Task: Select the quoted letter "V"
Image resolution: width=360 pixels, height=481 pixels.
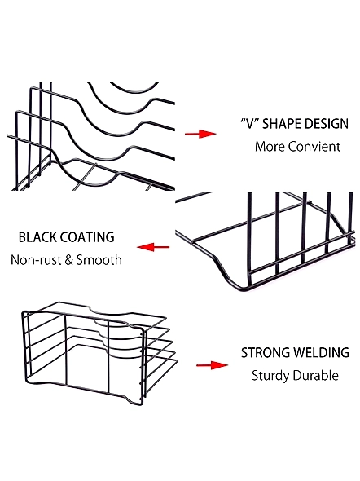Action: pyautogui.click(x=250, y=124)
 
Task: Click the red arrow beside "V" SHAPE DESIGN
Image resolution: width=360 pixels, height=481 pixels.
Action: pyautogui.click(x=200, y=134)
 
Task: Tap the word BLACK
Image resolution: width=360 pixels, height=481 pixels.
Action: pyautogui.click(x=37, y=237)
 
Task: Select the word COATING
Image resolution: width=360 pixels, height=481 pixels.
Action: pyautogui.click(x=87, y=237)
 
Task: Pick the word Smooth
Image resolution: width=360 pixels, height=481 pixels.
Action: pyautogui.click(x=99, y=260)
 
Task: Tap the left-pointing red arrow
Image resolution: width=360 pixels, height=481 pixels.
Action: pyautogui.click(x=153, y=247)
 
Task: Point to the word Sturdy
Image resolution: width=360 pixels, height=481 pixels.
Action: pyautogui.click(x=270, y=376)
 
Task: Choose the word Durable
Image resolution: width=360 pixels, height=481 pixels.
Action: pyautogui.click(x=315, y=376)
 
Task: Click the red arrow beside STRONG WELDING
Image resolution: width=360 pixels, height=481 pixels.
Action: pyautogui.click(x=212, y=365)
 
